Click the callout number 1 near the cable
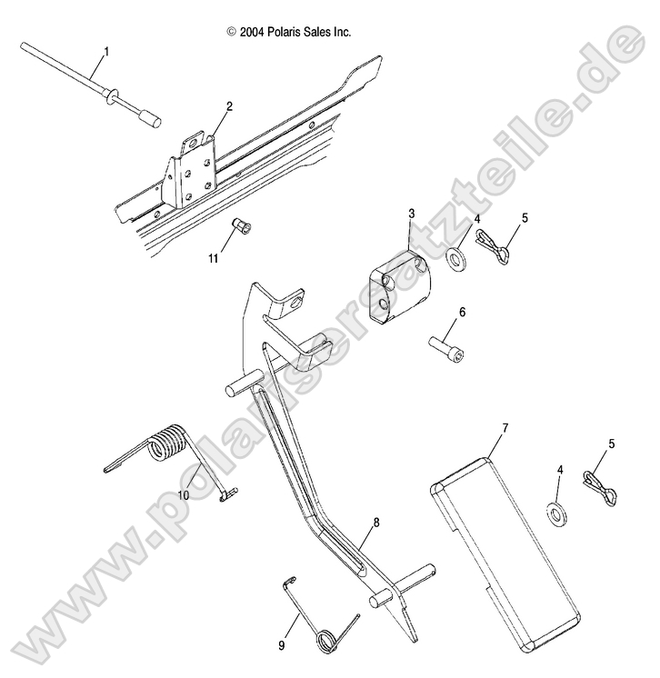106,52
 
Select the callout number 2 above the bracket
229,106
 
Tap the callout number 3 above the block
411,214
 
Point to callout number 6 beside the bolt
462,312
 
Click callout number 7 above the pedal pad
505,428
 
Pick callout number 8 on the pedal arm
376,523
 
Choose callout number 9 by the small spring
282,646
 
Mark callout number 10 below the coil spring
184,495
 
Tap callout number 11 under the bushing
214,259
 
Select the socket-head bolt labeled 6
447,349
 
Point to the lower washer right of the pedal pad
555,516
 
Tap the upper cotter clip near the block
493,246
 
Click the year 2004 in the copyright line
252,32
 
